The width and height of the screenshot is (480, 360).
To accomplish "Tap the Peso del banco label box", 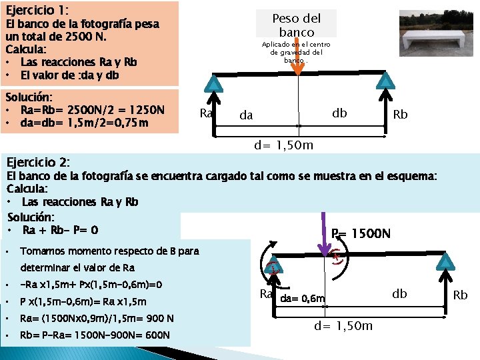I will coord(297,25).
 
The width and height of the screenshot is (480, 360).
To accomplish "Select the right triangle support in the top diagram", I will coord(385,81).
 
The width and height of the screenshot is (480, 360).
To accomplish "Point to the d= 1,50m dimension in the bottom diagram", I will coord(343,325).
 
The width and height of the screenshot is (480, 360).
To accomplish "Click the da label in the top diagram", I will coord(246,115).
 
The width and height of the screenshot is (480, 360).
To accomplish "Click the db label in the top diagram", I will coord(339,112).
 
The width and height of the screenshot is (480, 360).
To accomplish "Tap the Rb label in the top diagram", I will coord(401,115).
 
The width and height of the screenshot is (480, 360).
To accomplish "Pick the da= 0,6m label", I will coord(302,298).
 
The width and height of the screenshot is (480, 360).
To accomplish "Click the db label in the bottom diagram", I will coord(399,293).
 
